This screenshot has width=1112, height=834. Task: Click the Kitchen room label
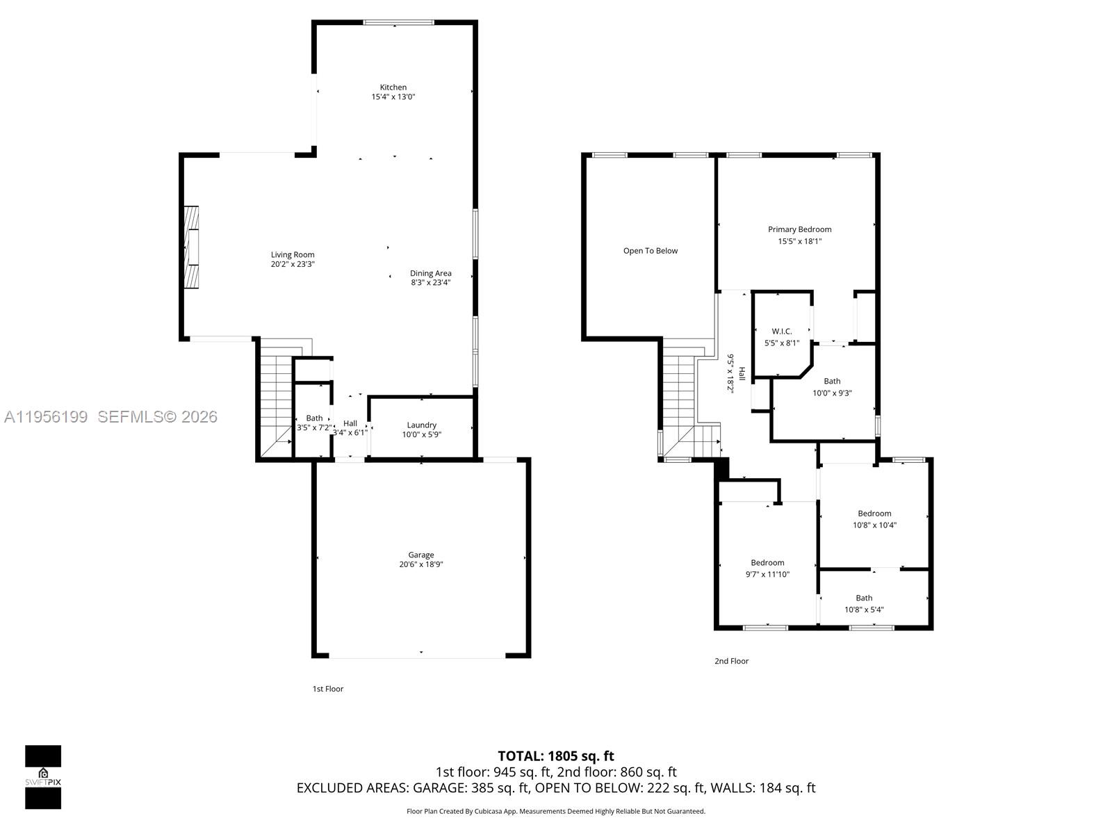point(393,88)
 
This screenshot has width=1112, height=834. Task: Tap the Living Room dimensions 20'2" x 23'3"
point(293,265)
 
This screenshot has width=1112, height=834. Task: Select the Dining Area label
point(430,273)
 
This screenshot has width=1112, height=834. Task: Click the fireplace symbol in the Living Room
point(190,247)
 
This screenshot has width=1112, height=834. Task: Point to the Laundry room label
point(421,425)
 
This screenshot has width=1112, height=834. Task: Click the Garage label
point(420,555)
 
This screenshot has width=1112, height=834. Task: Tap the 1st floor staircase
point(275,403)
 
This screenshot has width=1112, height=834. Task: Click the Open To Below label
point(650,251)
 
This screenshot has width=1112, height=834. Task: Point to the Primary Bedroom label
point(799,229)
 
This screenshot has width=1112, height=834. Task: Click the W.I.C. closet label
point(781,332)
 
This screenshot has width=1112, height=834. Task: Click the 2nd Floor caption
point(731,661)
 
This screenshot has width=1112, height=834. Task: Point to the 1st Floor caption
point(327,689)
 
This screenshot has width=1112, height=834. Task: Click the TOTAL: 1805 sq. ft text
point(555,755)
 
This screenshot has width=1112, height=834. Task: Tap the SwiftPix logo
point(43,776)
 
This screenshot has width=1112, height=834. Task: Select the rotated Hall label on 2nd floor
point(742,373)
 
